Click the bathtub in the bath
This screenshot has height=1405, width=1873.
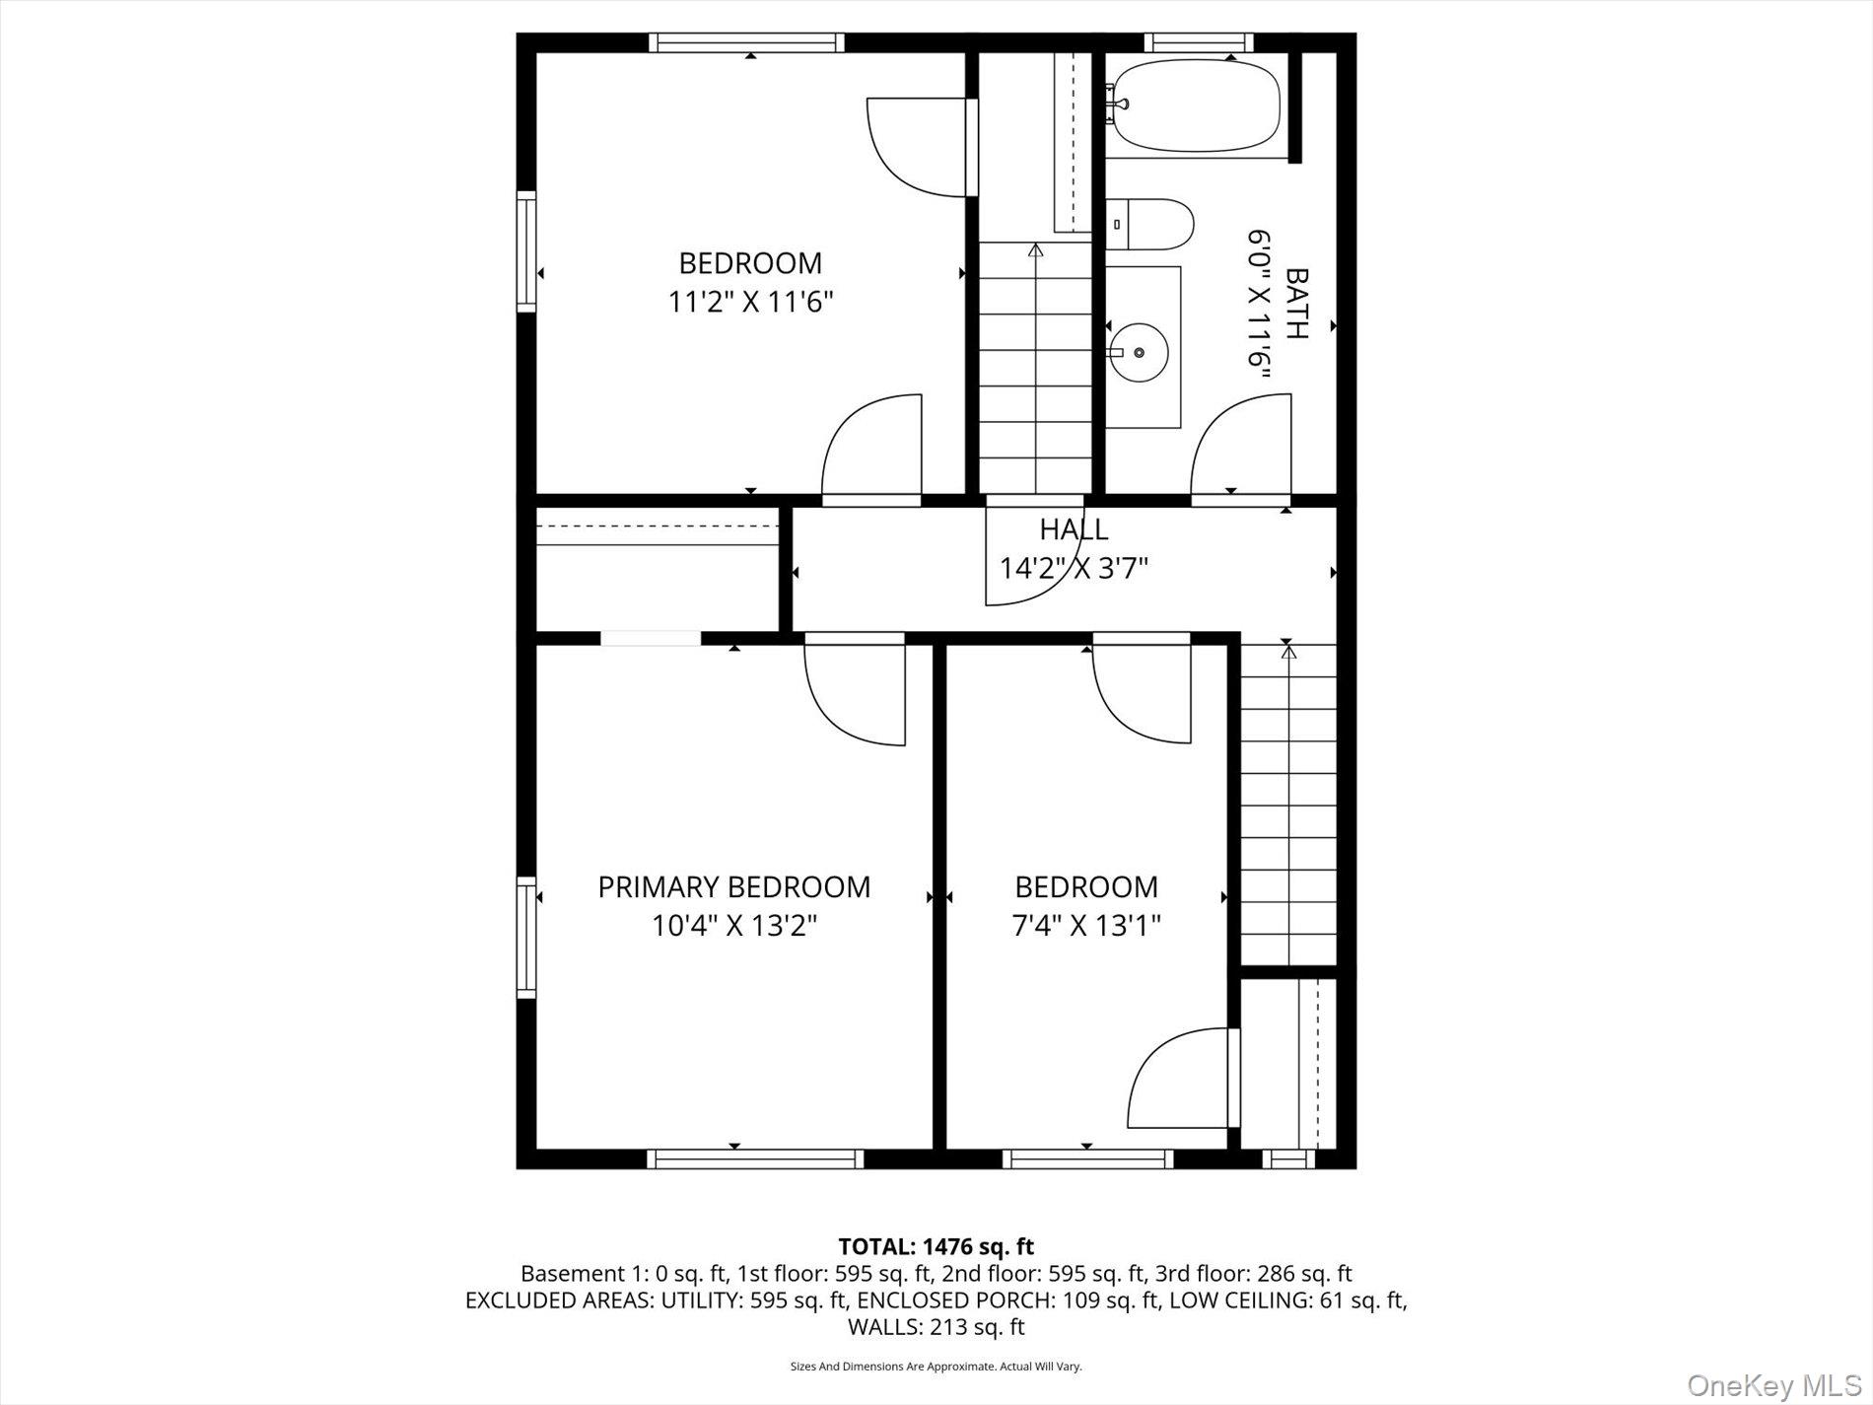(x=1193, y=106)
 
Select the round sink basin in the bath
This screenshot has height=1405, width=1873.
(x=1140, y=352)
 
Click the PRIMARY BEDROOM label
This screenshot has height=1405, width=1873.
(x=734, y=887)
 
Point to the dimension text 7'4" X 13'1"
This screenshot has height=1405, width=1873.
(x=1086, y=926)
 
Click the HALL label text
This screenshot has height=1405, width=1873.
(x=1074, y=529)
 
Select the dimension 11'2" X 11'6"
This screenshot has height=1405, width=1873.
(x=751, y=302)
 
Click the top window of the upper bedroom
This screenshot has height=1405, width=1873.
(x=746, y=42)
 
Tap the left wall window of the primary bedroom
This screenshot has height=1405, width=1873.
(x=526, y=937)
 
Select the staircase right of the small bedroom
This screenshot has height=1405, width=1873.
(x=1287, y=804)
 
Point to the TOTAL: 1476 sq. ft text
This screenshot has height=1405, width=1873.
(x=936, y=1247)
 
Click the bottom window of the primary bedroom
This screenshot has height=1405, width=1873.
(x=755, y=1159)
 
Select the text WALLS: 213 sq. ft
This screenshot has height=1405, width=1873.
(x=936, y=1327)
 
